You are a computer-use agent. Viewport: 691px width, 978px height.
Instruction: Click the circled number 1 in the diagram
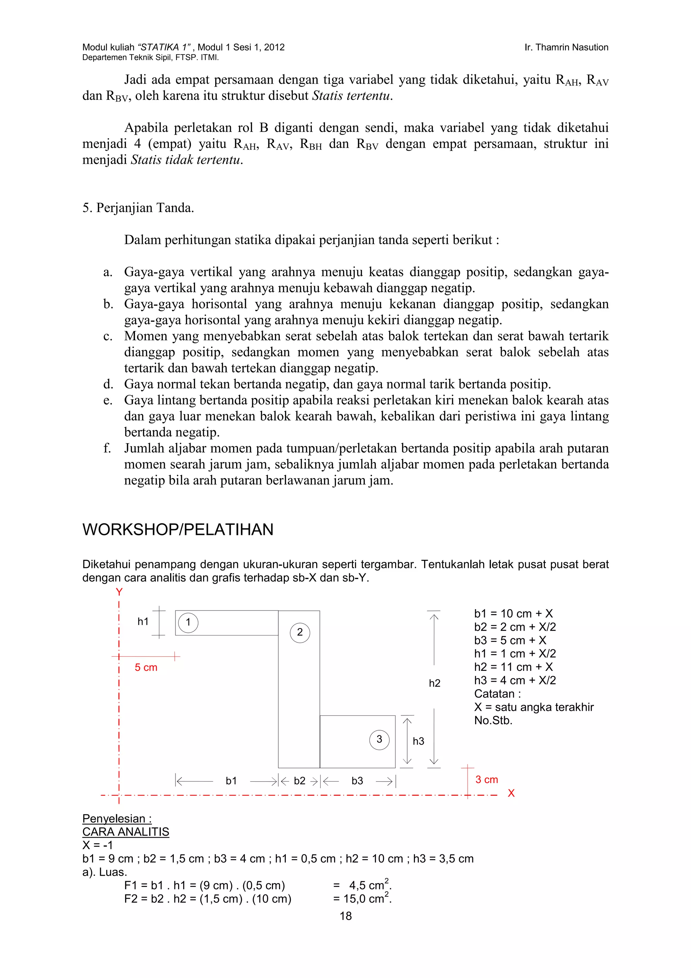click(188, 623)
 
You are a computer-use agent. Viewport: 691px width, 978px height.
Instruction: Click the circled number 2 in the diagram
click(300, 632)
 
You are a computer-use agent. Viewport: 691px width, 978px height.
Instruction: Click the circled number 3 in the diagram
click(379, 739)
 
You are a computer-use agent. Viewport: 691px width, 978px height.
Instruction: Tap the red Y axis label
click(119, 592)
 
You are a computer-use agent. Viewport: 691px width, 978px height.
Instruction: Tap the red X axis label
click(511, 793)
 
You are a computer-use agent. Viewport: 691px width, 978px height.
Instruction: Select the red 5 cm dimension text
click(146, 668)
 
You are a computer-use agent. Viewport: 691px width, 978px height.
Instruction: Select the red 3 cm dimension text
click(487, 780)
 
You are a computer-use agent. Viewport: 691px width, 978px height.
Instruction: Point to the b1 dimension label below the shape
click(231, 781)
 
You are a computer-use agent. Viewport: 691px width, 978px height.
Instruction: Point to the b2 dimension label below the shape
click(299, 781)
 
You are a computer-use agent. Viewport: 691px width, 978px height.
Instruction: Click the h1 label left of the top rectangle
click(143, 622)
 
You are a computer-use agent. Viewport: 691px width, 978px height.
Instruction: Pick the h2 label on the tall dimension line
click(434, 683)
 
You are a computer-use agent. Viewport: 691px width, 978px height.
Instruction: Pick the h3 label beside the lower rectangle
click(418, 741)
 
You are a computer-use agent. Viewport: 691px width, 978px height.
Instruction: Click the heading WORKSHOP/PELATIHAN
click(177, 529)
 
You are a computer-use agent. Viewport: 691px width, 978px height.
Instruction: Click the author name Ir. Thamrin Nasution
click(566, 47)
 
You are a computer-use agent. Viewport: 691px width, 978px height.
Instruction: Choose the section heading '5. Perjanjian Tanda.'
click(138, 208)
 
